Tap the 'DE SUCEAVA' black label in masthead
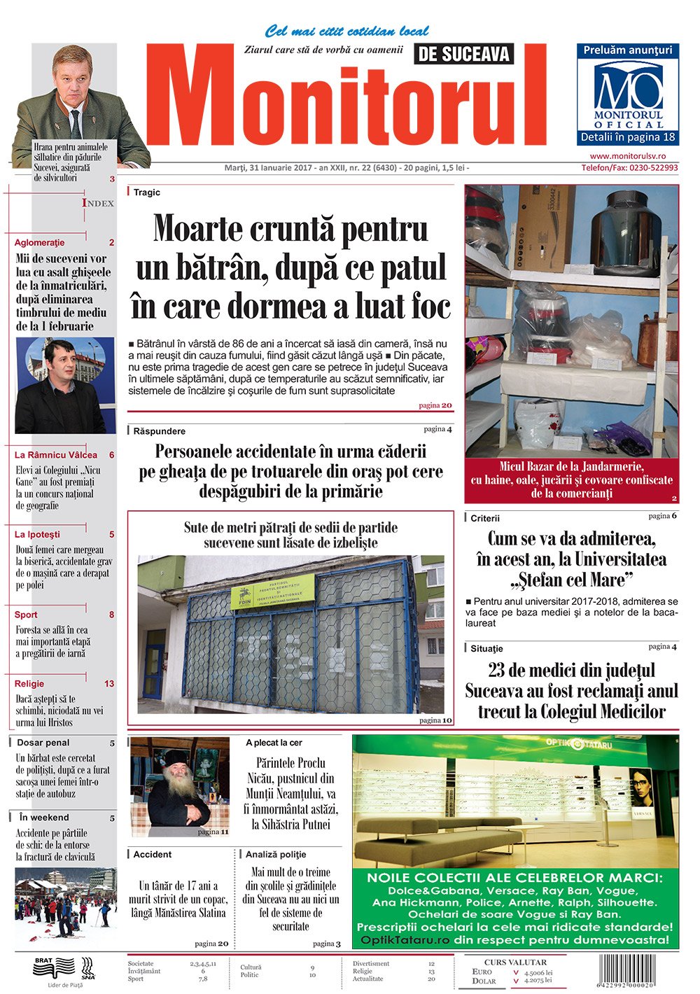[463, 54]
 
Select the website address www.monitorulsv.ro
[627, 156]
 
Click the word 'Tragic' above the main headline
[147, 192]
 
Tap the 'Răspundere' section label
[160, 431]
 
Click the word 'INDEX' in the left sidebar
[98, 203]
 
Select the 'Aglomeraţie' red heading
[40, 243]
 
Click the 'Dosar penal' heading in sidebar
[43, 743]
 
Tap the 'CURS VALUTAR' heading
[515, 962]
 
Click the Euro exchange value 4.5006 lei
[538, 972]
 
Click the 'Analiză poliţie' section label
[276, 855]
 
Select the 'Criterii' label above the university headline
[485, 519]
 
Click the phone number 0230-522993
[629, 168]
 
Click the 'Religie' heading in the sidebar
[29, 684]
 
